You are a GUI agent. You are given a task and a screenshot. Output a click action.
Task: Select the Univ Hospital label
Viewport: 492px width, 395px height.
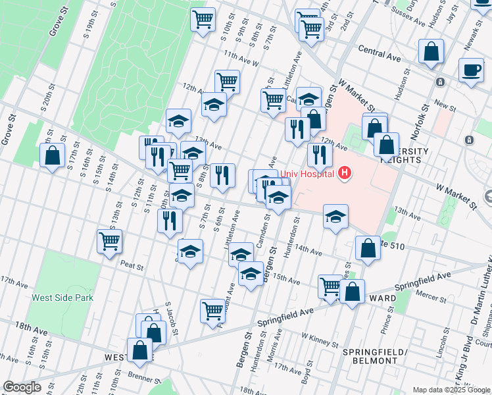pos(307,174)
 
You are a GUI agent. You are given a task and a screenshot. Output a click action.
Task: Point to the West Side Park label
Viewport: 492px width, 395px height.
pos(62,298)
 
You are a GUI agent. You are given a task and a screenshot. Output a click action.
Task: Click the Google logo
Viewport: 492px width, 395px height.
pos(22,387)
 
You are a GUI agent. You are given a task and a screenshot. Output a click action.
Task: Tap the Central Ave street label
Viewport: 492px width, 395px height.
pos(380,53)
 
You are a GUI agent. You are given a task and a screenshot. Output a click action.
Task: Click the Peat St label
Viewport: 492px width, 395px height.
pos(132,265)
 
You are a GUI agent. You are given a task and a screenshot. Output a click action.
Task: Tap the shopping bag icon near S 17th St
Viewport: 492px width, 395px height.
pos(52,156)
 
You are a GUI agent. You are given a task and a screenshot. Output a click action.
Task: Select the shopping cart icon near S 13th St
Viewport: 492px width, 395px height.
pos(109,241)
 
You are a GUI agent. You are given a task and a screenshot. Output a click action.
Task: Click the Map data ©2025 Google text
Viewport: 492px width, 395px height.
pos(451,390)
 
